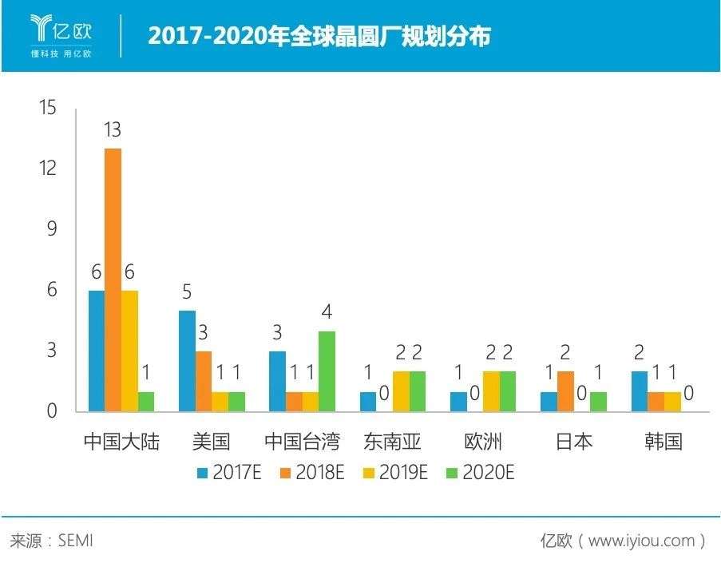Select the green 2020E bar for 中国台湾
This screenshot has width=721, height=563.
click(x=327, y=371)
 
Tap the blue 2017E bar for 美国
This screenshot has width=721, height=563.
click(x=187, y=361)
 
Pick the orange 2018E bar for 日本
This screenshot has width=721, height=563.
click(x=565, y=391)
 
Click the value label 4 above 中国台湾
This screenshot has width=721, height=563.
click(x=327, y=312)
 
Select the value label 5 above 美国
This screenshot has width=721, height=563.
click(x=187, y=291)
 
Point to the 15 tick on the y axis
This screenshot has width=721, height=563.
click(x=48, y=108)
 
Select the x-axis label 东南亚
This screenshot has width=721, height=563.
click(x=392, y=441)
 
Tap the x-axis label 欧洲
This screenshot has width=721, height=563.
click(x=482, y=441)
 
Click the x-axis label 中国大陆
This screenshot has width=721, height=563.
click(x=121, y=441)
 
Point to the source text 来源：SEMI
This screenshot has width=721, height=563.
click(x=51, y=541)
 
